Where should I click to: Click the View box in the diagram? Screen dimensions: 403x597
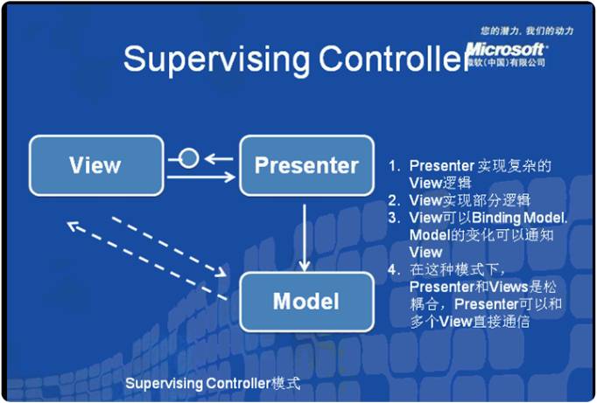[x=95, y=165]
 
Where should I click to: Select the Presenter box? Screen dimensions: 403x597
[x=306, y=165]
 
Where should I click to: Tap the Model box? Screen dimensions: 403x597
[x=306, y=302]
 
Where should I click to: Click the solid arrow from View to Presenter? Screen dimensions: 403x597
[x=201, y=177]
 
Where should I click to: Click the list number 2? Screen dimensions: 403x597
[x=395, y=200]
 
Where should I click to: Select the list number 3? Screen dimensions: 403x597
[x=395, y=218]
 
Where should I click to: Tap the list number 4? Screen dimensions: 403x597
[x=395, y=269]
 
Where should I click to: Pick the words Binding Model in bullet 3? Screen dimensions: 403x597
[x=520, y=218]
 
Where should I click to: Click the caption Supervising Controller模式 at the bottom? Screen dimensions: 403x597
[x=213, y=383]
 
